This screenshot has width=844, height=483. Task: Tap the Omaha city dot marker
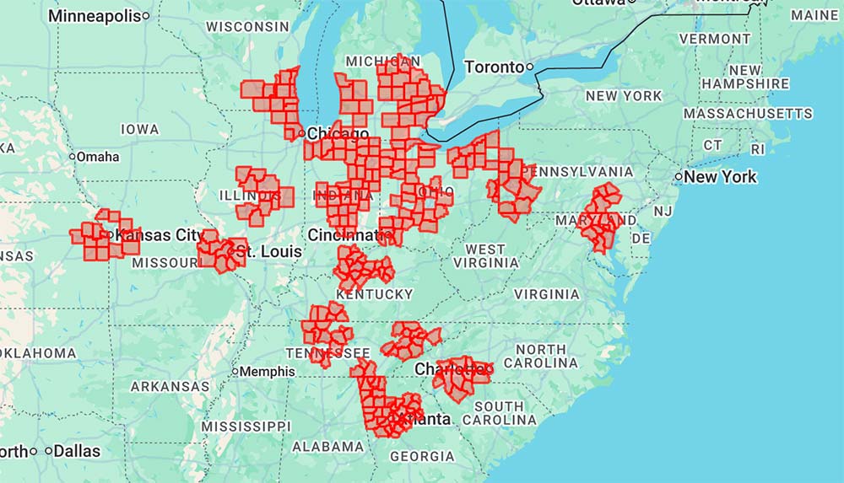coord(73,157)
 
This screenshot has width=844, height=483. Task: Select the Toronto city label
coord(494,67)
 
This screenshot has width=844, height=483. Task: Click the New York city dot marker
coord(679,177)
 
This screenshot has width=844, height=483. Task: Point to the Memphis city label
coord(268,371)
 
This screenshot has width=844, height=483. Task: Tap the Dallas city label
coord(78,451)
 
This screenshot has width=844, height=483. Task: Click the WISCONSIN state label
coord(247,27)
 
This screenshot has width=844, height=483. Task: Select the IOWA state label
coord(139,129)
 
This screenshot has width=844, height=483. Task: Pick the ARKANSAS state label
coord(170,386)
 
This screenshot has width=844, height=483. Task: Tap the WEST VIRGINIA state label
coord(485,255)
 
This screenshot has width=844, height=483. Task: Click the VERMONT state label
coord(715,39)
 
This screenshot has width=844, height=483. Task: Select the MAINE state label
coord(814,15)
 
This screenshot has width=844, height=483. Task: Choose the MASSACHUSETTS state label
coord(748,113)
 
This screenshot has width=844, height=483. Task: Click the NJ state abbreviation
coord(663,211)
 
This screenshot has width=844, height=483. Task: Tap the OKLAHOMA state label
coord(38,352)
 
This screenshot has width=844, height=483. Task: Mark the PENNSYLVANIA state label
coord(578,171)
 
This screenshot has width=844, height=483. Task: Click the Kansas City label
coord(160,235)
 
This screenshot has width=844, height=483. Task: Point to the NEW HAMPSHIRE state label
coord(745,77)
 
